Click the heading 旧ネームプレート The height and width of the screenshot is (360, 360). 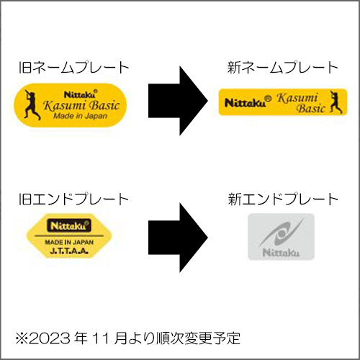click(74, 68)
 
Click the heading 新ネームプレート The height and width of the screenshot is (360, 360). click(283, 68)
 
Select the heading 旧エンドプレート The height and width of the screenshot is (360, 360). click(73, 199)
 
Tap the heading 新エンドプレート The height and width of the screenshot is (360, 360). click(283, 199)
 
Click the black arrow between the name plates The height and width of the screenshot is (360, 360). click(178, 101)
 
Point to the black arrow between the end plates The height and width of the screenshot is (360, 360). click(178, 238)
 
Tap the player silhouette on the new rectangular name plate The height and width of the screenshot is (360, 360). click(336, 102)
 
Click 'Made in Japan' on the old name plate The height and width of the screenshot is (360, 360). click(80, 116)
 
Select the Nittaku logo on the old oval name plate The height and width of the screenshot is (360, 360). click(81, 94)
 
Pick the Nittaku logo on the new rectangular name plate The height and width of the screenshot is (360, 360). click(248, 102)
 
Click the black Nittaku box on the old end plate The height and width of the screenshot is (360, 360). click(69, 225)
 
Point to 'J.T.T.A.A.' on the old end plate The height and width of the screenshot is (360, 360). click(69, 251)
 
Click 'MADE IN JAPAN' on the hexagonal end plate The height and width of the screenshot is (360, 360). click(69, 242)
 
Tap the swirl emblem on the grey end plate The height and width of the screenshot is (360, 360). click(281, 233)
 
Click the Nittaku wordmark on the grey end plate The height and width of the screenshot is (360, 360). click(281, 253)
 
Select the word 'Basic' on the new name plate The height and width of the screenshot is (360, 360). click(310, 108)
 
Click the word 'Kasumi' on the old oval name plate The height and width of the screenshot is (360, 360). click(65, 105)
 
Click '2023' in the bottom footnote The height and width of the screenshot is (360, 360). click(50, 338)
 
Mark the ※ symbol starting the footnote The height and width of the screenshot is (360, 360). click(22, 338)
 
